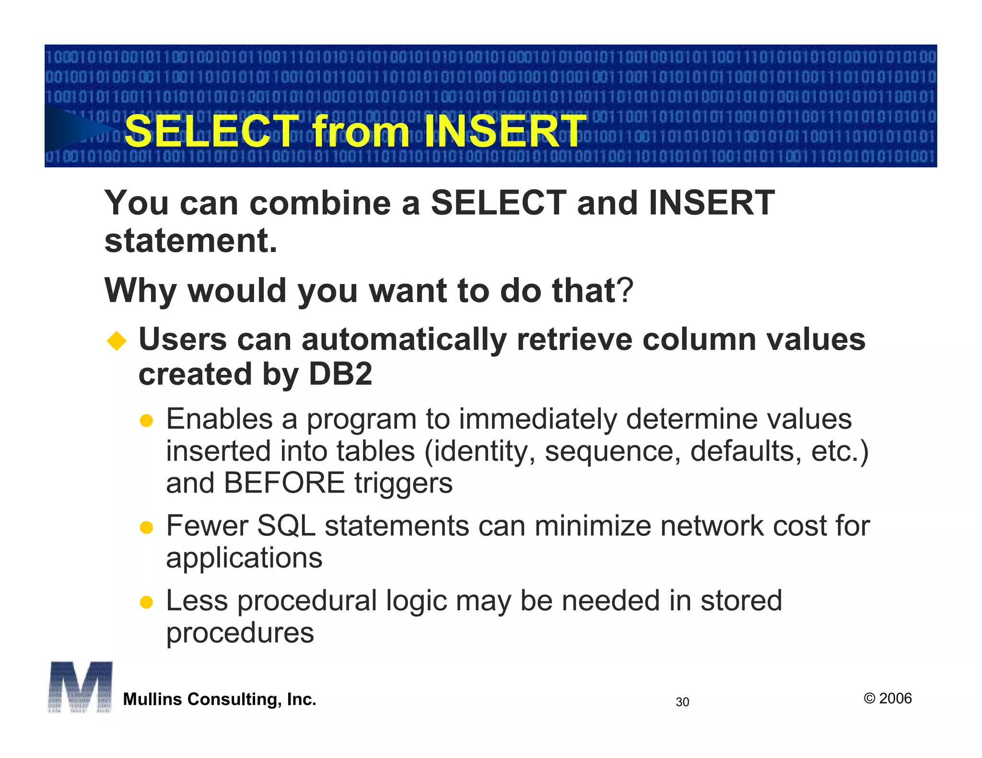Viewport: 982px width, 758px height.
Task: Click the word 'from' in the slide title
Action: pos(360,131)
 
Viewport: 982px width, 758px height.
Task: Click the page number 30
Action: pos(682,702)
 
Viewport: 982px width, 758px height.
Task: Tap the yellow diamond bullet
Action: pos(117,341)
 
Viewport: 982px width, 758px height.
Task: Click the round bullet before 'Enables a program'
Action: pos(146,421)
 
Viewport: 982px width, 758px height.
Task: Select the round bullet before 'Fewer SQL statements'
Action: pos(146,528)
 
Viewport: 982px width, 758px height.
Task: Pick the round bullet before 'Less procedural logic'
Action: pos(146,602)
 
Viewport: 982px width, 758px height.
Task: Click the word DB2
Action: pos(340,374)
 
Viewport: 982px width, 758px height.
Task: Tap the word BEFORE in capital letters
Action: pos(284,483)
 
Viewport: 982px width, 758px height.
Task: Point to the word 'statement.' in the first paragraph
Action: pos(191,241)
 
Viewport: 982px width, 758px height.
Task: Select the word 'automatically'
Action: pos(404,340)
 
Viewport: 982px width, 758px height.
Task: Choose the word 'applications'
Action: pos(244,558)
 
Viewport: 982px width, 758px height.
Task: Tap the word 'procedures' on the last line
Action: pos(240,633)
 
